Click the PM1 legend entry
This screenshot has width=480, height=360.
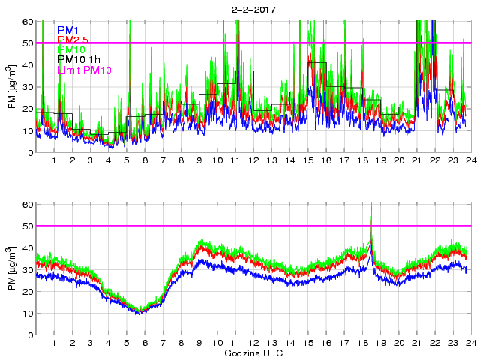(69, 30)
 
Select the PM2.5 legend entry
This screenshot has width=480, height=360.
(74, 40)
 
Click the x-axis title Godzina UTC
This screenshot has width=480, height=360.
(253, 352)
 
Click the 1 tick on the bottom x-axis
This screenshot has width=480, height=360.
(55, 343)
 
